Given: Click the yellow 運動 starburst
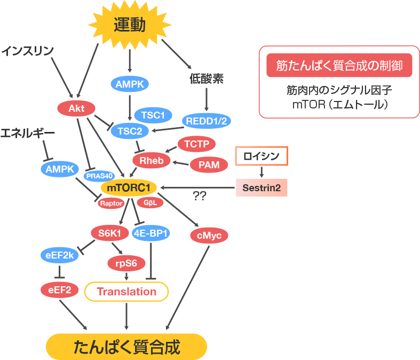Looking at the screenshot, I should (129, 25).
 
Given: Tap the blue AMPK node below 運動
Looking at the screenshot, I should (129, 84).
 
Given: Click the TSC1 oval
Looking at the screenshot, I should (153, 114).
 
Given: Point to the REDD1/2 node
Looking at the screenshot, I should (205, 121).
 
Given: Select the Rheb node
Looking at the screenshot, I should (151, 160).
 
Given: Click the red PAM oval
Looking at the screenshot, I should (209, 165).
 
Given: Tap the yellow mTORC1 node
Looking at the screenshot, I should (129, 188).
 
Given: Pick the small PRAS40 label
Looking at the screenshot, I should (99, 176).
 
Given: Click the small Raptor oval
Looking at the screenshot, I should (112, 203).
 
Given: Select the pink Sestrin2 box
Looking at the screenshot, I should (261, 188).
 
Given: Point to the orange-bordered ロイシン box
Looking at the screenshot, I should (261, 156).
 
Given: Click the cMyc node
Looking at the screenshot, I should (209, 235).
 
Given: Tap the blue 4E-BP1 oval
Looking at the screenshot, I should (151, 233).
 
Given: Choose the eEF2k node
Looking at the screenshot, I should (60, 255).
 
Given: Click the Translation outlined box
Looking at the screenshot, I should (126, 292).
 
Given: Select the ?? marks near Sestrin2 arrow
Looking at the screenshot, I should (200, 197).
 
